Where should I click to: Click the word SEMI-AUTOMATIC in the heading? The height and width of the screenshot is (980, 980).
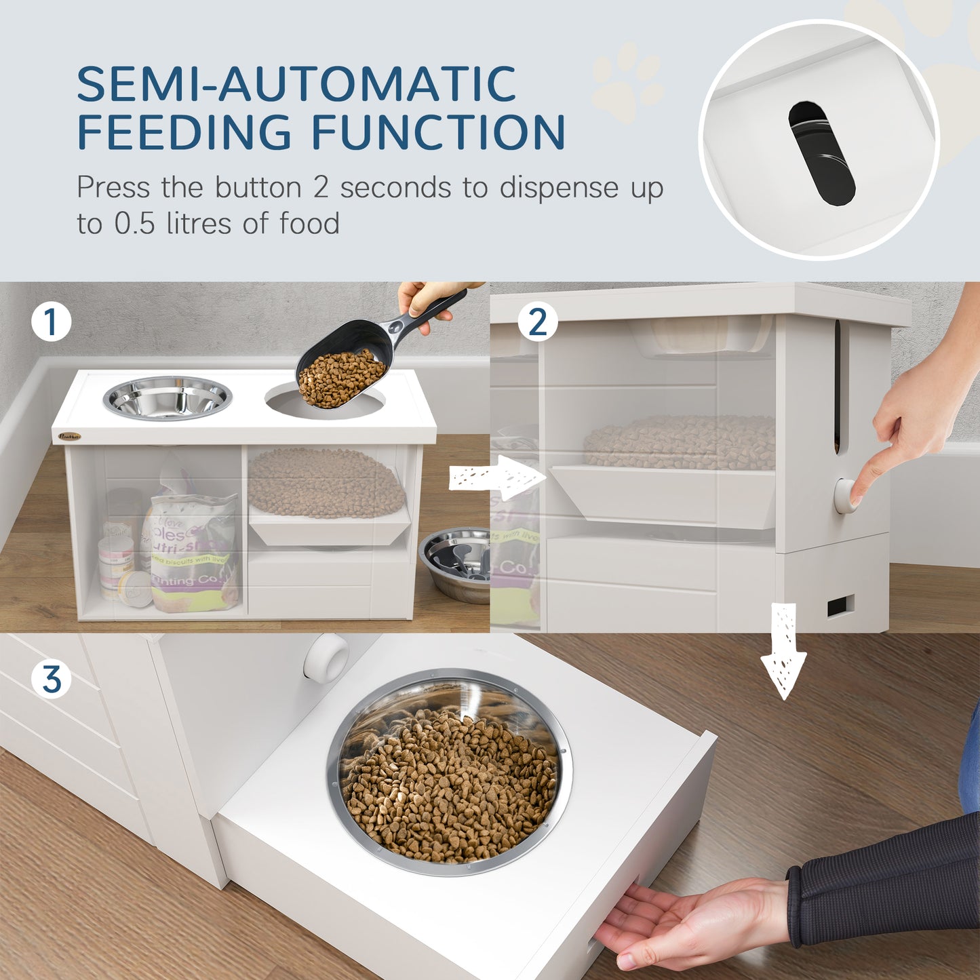point(296,84)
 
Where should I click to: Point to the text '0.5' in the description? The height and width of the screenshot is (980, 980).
point(134,223)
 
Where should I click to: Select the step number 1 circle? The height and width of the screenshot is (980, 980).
point(52,321)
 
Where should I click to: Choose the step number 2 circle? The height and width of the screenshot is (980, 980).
point(537,321)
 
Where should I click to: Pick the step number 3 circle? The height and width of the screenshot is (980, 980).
point(52,679)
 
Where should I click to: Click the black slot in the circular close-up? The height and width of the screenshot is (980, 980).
point(821,153)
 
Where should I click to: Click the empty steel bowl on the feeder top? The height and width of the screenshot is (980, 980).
point(167,398)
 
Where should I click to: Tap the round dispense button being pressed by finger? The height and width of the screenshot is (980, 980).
point(845,496)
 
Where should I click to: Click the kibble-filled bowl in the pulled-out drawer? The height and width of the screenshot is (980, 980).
point(449,773)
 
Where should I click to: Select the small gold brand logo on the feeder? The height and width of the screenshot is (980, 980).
point(69,437)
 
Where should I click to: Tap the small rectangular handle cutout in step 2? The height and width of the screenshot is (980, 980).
point(840,606)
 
